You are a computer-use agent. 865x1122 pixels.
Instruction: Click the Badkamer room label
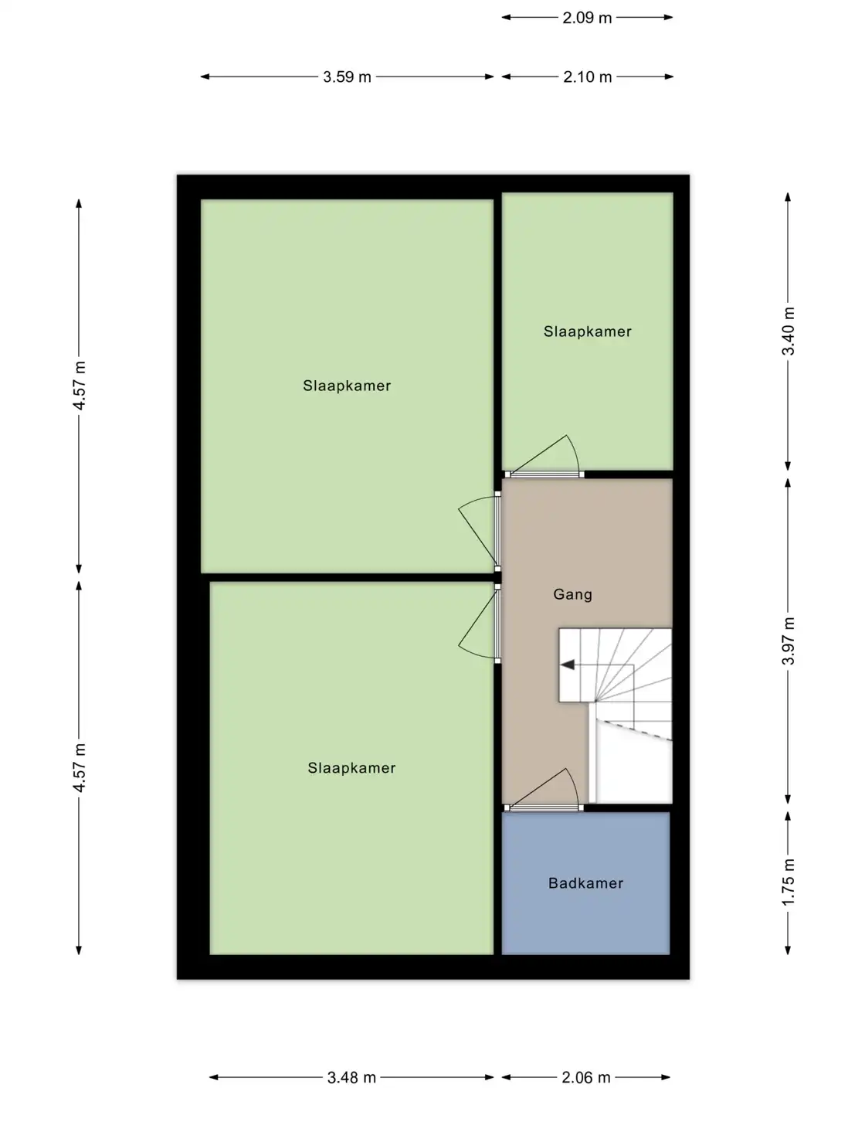click(585, 883)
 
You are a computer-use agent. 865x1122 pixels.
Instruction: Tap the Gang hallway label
click(573, 594)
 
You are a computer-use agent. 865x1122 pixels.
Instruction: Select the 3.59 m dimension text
click(347, 76)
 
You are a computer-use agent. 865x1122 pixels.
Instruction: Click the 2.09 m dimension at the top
click(587, 17)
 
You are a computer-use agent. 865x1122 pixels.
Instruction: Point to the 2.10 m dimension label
click(587, 76)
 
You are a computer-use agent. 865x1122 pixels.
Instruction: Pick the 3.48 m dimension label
click(351, 1077)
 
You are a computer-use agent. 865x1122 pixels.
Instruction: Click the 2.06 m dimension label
click(585, 1077)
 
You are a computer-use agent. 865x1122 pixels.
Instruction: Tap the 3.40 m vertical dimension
click(788, 331)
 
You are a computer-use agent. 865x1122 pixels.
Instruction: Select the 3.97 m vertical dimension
click(788, 641)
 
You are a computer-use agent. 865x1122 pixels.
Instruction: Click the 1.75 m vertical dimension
click(788, 882)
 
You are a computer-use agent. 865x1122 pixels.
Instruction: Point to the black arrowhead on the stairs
click(568, 665)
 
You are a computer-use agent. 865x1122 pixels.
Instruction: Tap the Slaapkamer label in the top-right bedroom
click(587, 331)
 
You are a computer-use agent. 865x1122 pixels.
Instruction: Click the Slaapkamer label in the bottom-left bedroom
click(351, 768)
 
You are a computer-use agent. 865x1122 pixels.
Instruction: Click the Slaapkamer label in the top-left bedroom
click(347, 386)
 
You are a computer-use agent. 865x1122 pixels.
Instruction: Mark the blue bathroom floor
click(585, 920)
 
